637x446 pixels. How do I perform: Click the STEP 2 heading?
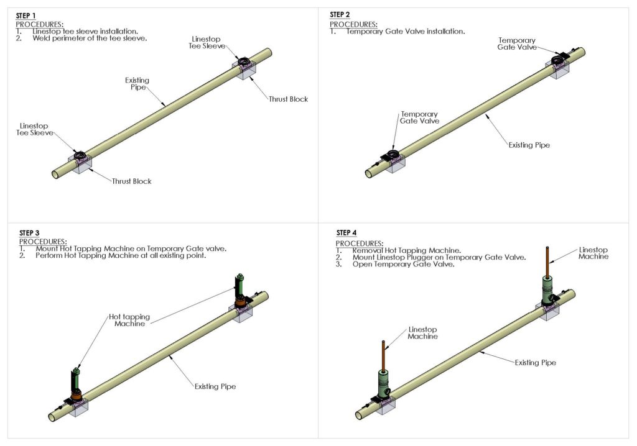coord(340,14)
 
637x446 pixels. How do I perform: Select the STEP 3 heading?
coord(30,233)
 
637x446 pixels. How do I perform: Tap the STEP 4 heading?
coord(347,233)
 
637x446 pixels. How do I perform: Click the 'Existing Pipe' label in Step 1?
coord(137,84)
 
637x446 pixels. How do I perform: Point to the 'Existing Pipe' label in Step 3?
coord(215,386)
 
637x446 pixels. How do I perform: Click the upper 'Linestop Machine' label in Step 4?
coord(594,253)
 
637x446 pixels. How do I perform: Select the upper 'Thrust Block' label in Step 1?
coord(288,99)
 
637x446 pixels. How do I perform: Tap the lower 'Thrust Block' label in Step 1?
coord(131,181)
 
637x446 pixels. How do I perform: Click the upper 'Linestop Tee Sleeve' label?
coord(206,43)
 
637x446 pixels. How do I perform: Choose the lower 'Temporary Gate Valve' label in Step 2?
coord(419,118)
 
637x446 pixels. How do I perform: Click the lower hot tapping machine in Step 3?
coord(75,386)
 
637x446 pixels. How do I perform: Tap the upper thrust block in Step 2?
coord(562,72)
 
